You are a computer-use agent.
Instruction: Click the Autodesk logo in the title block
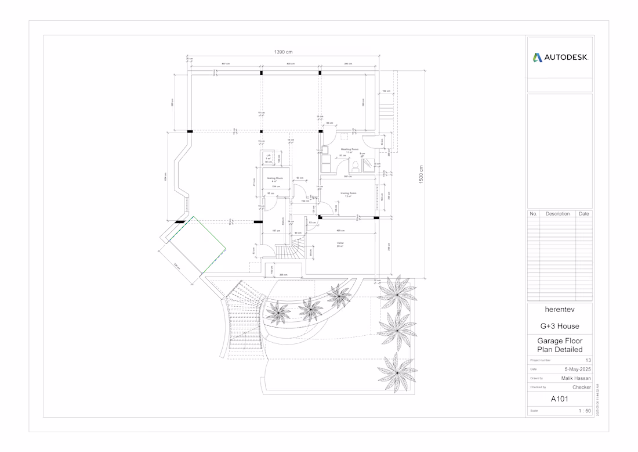click(x=560, y=58)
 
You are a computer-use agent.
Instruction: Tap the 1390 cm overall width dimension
click(x=283, y=52)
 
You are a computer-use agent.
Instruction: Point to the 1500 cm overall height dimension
click(x=421, y=175)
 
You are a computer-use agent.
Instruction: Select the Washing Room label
click(x=349, y=149)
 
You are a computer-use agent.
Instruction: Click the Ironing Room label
click(x=348, y=193)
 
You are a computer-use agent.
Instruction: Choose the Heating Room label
click(x=274, y=178)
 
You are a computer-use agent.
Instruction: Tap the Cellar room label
click(x=340, y=243)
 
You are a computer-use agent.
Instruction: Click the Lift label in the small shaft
click(x=269, y=156)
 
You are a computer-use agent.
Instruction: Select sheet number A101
click(x=560, y=399)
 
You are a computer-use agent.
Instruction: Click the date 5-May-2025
click(x=578, y=370)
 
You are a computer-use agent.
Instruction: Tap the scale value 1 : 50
click(x=584, y=411)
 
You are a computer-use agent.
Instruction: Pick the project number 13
click(x=588, y=361)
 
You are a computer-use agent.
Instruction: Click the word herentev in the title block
click(x=560, y=310)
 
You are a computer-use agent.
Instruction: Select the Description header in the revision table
click(x=557, y=214)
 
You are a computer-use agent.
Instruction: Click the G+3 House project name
click(x=560, y=326)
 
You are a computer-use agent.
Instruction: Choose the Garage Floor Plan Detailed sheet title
click(x=560, y=345)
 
